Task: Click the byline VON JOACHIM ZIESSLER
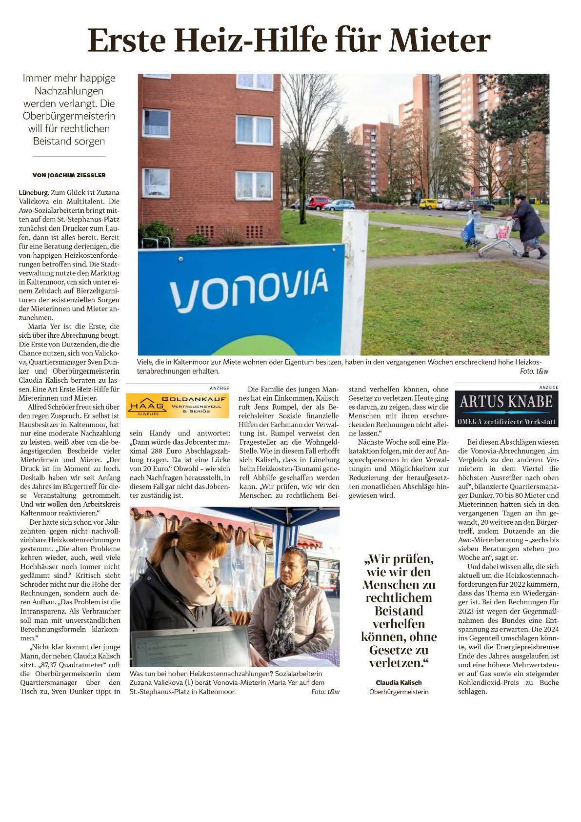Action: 69,175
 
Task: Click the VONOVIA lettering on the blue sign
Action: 249,289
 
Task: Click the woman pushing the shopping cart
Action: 528,226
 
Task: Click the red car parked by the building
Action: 319,202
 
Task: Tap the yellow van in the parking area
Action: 428,203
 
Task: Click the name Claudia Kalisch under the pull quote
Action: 399,682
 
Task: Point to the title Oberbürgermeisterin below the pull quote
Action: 399,692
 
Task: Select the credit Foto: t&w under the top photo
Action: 534,371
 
